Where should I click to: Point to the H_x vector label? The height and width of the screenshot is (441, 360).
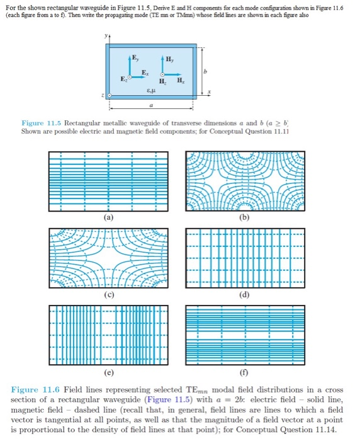pyautogui.click(x=181, y=81)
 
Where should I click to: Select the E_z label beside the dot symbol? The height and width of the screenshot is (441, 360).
pyautogui.click(x=124, y=81)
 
